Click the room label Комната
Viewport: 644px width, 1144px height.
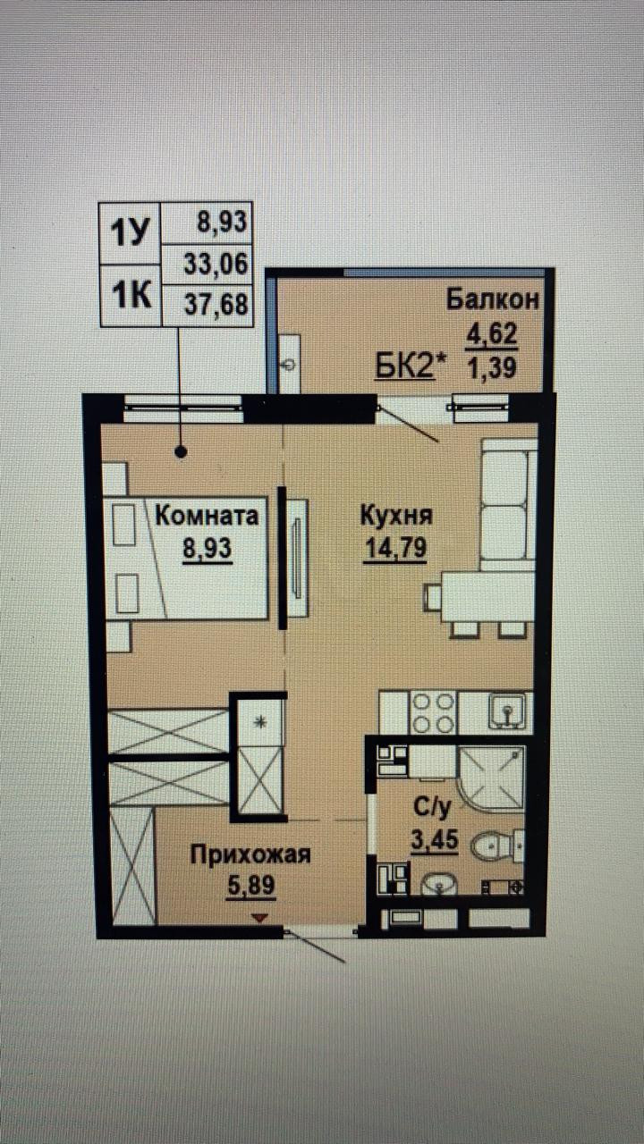pos(208,516)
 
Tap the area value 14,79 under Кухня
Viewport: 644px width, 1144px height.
pos(394,548)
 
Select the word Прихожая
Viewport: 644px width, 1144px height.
pos(250,855)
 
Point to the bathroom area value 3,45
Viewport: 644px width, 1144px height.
pos(433,839)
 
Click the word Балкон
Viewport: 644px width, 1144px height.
pos(494,299)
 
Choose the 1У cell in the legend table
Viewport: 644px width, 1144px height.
pos(128,234)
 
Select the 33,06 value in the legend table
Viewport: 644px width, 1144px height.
pos(216,264)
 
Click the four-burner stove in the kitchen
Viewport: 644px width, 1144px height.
pos(433,712)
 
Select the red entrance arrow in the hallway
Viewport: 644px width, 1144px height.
pos(259,918)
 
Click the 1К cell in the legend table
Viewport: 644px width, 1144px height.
pos(128,296)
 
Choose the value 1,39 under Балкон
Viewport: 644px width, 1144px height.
pos(491,366)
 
